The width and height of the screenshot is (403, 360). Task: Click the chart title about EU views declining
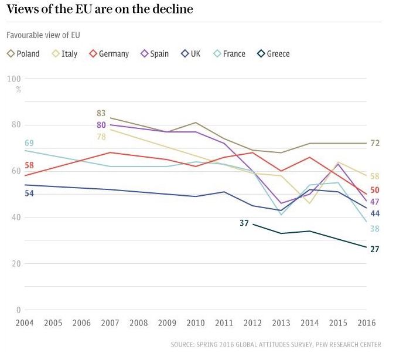pyautogui.click(x=100, y=10)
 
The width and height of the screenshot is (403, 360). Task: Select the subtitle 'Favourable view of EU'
pyautogui.click(x=43, y=35)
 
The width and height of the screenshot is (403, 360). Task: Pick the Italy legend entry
pyautogui.click(x=64, y=54)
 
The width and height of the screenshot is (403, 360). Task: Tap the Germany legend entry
pyautogui.click(x=109, y=54)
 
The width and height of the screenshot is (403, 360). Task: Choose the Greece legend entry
pyautogui.click(x=274, y=54)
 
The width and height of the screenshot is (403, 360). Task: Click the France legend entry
pyautogui.click(x=229, y=54)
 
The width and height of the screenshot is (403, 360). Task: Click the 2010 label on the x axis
pyautogui.click(x=195, y=323)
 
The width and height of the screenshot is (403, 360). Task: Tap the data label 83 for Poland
pyautogui.click(x=101, y=113)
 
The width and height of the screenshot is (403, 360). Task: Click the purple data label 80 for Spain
pyautogui.click(x=101, y=125)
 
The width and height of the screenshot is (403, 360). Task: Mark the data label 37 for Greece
pyautogui.click(x=244, y=223)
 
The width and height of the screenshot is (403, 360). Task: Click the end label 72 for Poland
pyautogui.click(x=375, y=144)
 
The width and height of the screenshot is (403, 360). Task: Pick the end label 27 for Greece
pyautogui.click(x=375, y=249)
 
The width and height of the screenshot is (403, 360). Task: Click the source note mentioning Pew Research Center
pyautogui.click(x=276, y=344)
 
